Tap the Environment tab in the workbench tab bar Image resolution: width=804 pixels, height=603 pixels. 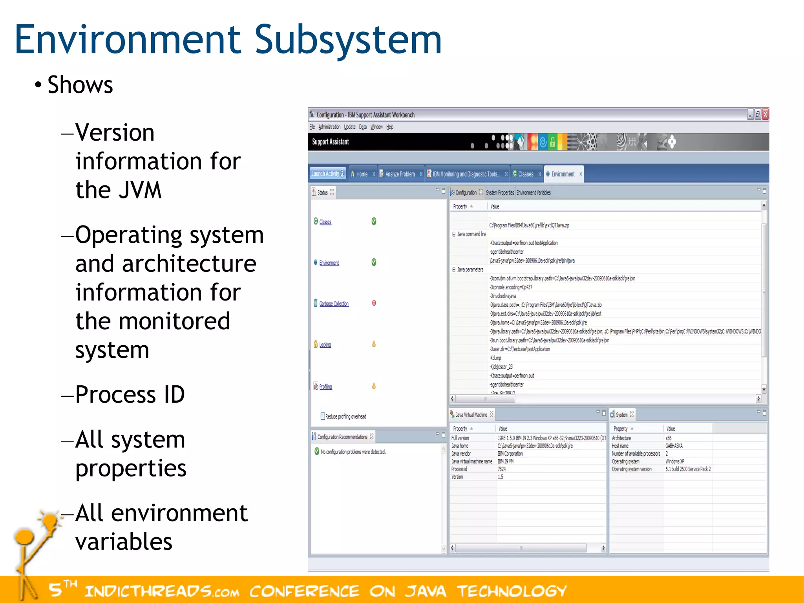click(563, 174)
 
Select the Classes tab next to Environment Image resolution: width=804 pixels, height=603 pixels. click(525, 174)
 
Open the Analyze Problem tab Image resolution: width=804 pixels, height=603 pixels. click(400, 174)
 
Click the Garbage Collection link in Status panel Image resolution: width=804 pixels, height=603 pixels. click(334, 304)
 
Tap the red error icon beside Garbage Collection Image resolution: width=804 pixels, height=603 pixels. click(374, 303)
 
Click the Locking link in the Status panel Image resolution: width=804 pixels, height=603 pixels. click(325, 345)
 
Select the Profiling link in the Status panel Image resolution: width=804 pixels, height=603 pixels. click(325, 387)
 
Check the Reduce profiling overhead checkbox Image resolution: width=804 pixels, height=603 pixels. click(323, 416)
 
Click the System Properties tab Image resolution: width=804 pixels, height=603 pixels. click(500, 192)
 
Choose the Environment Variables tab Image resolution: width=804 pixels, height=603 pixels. click(533, 192)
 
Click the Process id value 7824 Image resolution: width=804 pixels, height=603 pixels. click(502, 469)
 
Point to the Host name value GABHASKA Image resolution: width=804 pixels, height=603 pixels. click(674, 446)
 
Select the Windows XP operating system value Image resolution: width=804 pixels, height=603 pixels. click(674, 461)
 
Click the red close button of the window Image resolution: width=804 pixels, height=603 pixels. click(765, 114)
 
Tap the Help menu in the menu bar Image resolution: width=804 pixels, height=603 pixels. click(389, 127)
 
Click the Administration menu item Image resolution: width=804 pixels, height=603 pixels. click(329, 127)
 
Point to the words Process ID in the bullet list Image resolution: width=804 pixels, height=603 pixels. click(130, 394)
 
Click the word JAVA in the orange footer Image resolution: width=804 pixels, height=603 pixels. click(426, 591)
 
